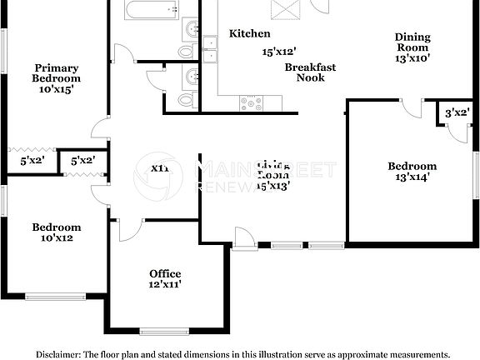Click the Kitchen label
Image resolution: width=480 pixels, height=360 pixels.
250,33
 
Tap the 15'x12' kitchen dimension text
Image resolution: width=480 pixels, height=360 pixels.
280,52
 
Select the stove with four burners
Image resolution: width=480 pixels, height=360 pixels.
251,103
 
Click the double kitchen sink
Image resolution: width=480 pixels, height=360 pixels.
208,57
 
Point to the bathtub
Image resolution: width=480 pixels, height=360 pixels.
152,10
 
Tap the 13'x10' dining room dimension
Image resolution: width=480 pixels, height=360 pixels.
412,58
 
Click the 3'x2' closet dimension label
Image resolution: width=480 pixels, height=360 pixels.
456,112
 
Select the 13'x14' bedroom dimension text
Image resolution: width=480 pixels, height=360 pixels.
412,177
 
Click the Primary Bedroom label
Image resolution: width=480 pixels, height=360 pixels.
57,73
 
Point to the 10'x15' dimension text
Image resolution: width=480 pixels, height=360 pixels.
57,90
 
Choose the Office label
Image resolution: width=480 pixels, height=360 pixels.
165,273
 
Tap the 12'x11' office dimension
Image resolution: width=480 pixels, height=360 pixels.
165,285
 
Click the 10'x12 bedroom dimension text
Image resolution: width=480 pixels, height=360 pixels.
57,238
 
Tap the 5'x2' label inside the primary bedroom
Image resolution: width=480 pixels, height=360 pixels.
20,160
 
